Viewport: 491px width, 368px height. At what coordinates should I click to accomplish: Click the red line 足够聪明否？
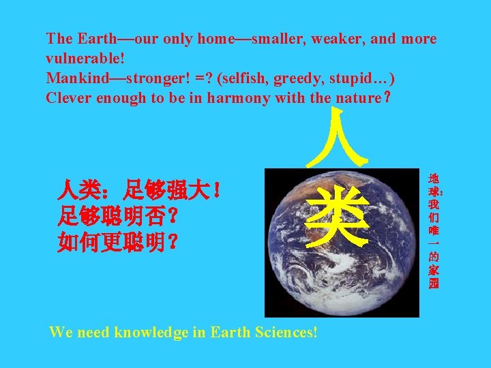click(x=119, y=217)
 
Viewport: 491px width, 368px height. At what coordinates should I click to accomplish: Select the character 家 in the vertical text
click(x=434, y=270)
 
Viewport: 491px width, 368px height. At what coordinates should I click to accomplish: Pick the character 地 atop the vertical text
click(x=434, y=179)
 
